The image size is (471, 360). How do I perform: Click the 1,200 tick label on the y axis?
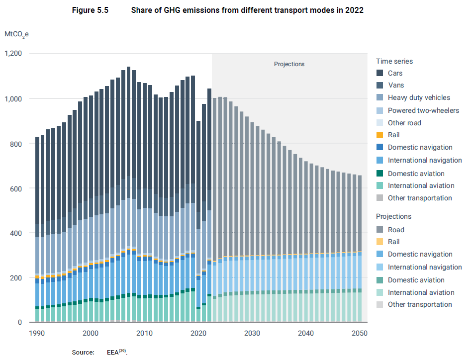click(x=13, y=53)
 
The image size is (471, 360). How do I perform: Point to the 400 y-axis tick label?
click(x=16, y=233)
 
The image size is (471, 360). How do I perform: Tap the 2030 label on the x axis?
click(x=252, y=333)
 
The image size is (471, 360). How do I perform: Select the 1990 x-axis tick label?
click(x=37, y=333)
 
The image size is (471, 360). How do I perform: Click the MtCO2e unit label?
click(x=16, y=34)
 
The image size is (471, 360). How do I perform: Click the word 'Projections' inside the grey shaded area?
click(x=289, y=64)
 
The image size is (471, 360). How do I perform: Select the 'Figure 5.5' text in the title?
click(x=90, y=10)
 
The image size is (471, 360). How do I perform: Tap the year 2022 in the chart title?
click(x=354, y=10)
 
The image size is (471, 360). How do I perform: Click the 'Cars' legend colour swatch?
click(x=379, y=73)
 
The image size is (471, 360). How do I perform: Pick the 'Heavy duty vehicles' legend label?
click(x=419, y=97)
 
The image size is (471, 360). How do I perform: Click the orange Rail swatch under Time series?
click(x=379, y=135)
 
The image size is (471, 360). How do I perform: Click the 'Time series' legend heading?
click(x=394, y=61)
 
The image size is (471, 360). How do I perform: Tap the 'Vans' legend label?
click(x=396, y=85)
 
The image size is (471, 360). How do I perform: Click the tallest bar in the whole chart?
click(x=128, y=194)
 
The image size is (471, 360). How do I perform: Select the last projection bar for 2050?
click(x=360, y=249)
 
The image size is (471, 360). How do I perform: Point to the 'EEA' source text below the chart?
click(x=113, y=352)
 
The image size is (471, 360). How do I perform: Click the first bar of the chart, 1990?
click(x=37, y=229)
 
